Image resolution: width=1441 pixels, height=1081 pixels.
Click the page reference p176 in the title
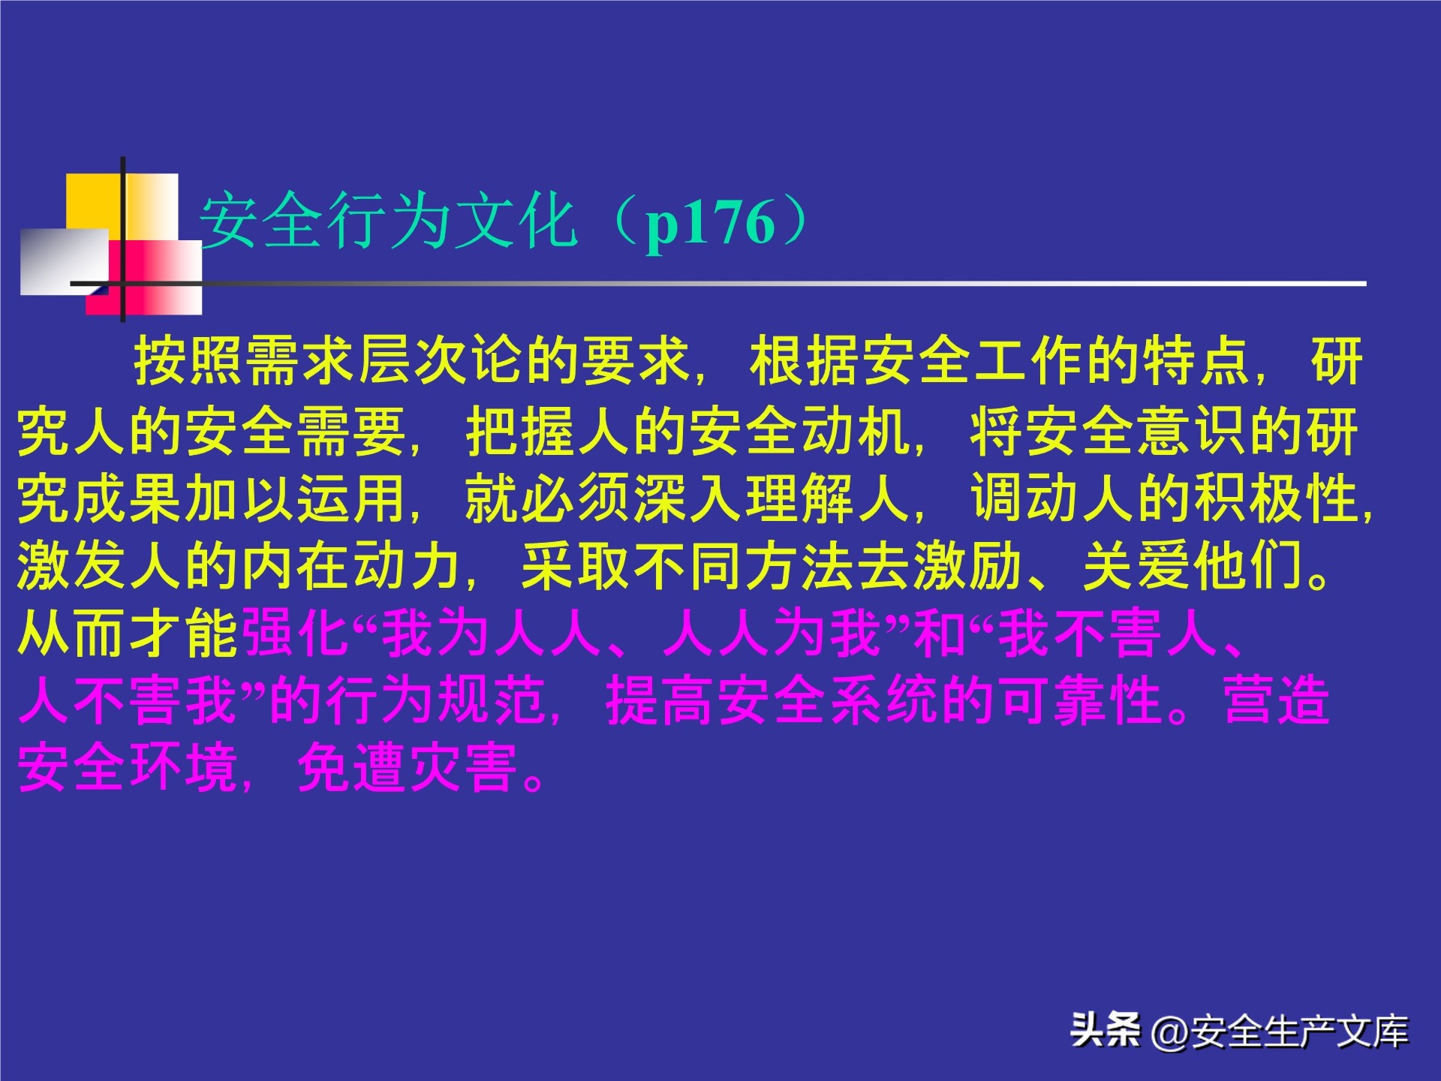click(x=710, y=223)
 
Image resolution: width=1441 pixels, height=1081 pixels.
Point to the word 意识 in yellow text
click(x=1194, y=432)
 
